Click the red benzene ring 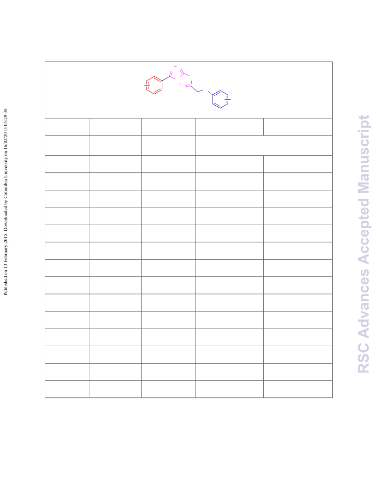click(x=154, y=77)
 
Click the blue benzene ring click(x=220, y=91)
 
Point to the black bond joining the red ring click(x=166, y=79)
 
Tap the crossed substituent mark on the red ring click(x=147, y=85)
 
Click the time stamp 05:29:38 click(x=5, y=118)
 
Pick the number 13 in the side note click(x=5, y=268)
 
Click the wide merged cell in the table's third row click(x=264, y=146)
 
